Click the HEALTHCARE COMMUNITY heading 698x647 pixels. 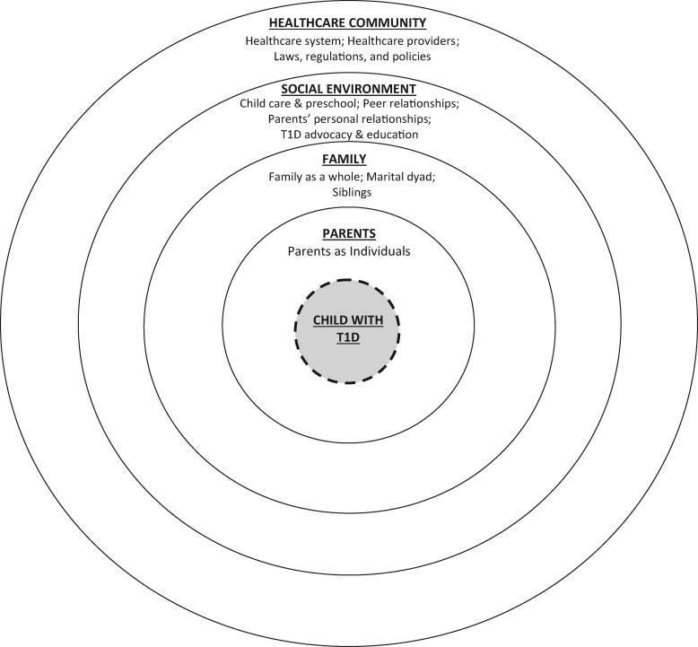pos(348,22)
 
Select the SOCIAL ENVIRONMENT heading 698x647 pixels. pos(348,89)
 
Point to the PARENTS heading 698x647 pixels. pos(348,233)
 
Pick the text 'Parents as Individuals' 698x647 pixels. pos(348,251)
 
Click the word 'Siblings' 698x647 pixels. pos(348,192)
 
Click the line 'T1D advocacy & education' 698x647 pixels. pos(348,134)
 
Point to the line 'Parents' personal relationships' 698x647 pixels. pos(348,118)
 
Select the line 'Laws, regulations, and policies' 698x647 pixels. pos(348,57)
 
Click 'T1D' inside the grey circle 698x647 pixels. pos(348,338)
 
